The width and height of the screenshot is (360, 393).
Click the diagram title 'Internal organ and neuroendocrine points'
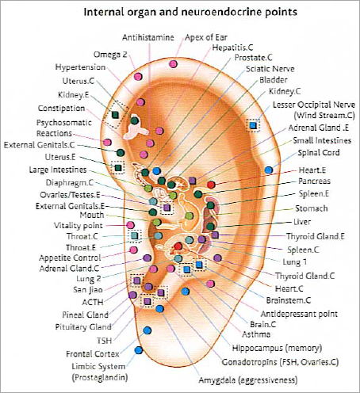(x=190, y=12)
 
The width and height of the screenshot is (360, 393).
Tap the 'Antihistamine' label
(x=148, y=37)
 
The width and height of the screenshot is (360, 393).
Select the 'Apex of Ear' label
(x=206, y=37)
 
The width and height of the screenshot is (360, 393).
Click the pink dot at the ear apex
(x=173, y=64)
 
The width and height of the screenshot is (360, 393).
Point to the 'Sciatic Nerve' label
(x=270, y=69)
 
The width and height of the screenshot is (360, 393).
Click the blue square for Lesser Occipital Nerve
(x=253, y=125)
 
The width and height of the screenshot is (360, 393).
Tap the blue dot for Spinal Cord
(x=269, y=170)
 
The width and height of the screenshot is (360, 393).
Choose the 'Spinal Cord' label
(x=319, y=153)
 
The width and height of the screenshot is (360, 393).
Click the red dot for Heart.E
(x=211, y=185)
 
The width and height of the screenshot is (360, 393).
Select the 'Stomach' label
(x=312, y=208)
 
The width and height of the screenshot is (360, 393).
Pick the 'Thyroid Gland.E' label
(x=316, y=236)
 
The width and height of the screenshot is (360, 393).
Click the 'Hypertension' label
(x=80, y=67)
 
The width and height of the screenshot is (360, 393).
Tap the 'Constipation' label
(x=61, y=109)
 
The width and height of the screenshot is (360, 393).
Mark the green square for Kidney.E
(x=115, y=115)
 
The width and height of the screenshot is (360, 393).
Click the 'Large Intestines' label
(x=58, y=170)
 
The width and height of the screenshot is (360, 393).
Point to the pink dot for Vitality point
(x=130, y=225)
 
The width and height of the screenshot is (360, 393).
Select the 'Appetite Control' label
(x=70, y=258)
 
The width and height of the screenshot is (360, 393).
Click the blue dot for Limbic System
(x=139, y=350)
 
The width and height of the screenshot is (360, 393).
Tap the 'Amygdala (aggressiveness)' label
(x=248, y=380)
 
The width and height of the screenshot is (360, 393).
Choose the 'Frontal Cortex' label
(x=93, y=354)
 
